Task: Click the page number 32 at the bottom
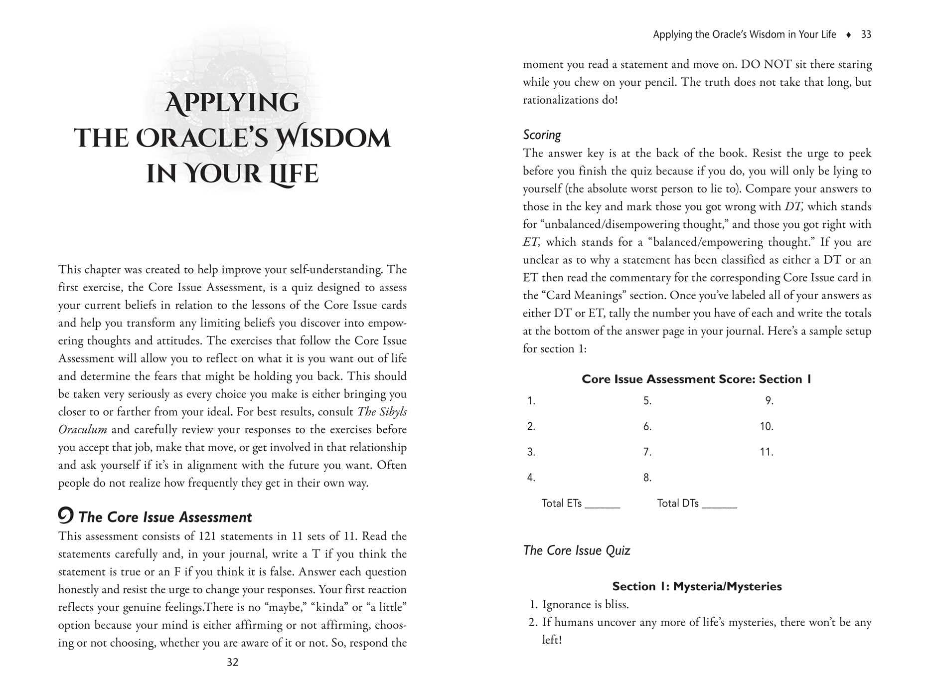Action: click(233, 662)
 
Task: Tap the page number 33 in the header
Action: click(866, 34)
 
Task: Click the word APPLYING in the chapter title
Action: click(232, 103)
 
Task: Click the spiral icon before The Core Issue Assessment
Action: click(66, 515)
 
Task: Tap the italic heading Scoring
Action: click(542, 135)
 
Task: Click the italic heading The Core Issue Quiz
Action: click(576, 550)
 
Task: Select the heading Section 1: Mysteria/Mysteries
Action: click(697, 586)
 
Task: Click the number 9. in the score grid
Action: click(769, 401)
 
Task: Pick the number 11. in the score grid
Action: click(767, 452)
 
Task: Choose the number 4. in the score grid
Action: click(531, 478)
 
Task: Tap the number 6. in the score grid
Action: click(647, 426)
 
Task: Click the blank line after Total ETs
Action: click(602, 506)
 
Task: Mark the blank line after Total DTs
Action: click(719, 506)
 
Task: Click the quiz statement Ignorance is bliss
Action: click(585, 605)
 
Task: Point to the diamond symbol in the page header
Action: click(849, 35)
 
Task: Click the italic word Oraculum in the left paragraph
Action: click(83, 430)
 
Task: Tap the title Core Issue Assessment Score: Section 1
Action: click(696, 379)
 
